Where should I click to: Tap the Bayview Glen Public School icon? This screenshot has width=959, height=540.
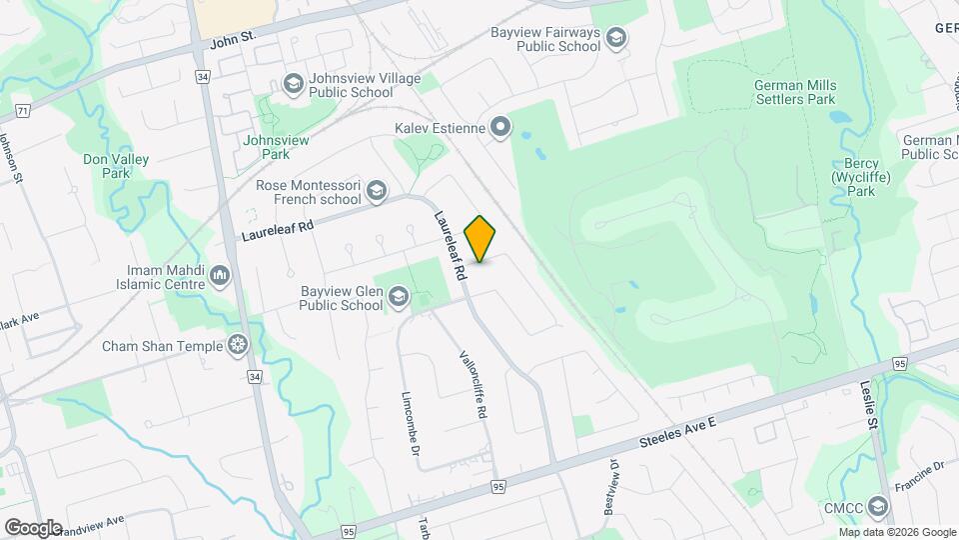[399, 295]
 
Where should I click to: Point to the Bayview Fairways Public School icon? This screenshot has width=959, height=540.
[617, 38]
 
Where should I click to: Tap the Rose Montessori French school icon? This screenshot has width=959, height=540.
[377, 190]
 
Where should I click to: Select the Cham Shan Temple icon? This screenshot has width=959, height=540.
[238, 346]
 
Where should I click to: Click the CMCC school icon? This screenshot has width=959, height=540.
[877, 507]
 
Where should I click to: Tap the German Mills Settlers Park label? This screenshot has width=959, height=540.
[795, 93]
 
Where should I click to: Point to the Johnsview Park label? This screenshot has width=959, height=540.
[266, 147]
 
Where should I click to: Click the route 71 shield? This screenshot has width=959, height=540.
[20, 108]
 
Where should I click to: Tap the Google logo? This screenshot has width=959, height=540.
[33, 527]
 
